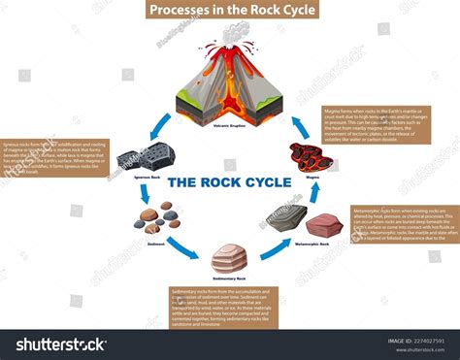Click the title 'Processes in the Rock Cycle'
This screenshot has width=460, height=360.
click(229, 11)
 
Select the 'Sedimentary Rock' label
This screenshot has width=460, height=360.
click(229, 278)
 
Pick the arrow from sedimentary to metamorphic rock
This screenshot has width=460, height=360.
click(275, 247)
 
